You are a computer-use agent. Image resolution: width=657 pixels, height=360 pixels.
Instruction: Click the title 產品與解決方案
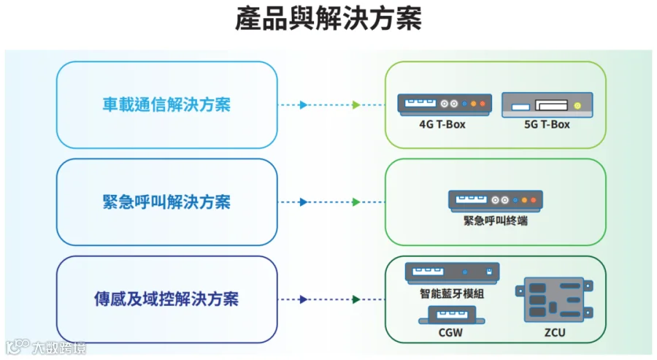[x=328, y=19]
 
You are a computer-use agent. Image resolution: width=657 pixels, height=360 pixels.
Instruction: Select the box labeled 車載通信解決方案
[x=166, y=104]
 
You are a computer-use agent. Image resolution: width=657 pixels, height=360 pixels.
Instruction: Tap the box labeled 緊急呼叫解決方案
[x=166, y=202]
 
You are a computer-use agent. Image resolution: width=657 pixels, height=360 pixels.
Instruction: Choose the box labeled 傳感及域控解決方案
[x=166, y=299]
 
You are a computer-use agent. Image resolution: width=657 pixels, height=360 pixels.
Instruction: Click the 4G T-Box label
[x=442, y=124]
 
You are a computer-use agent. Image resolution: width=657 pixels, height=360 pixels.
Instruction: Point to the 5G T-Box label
[x=547, y=124]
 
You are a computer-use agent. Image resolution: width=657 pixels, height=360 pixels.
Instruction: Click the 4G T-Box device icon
[x=445, y=104]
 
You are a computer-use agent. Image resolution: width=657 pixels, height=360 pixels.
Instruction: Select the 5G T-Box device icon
[x=547, y=104]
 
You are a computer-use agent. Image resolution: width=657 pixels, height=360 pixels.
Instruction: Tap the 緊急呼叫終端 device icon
[x=496, y=201]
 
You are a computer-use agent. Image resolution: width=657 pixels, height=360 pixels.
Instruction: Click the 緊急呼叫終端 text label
[x=495, y=221]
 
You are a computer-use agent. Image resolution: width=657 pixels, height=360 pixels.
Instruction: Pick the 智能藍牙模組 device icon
[x=452, y=273]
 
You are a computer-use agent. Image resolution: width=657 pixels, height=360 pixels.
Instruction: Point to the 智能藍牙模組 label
[x=452, y=294]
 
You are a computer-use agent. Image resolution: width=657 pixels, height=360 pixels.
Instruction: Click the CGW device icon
[x=452, y=315]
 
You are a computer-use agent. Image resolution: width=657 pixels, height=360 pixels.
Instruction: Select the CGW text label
[x=450, y=333]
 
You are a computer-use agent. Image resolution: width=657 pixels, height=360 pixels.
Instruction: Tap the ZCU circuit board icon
[x=554, y=299]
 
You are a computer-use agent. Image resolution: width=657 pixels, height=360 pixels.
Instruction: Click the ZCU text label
[x=555, y=333]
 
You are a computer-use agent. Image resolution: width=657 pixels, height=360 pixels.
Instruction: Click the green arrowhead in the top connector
[x=356, y=104]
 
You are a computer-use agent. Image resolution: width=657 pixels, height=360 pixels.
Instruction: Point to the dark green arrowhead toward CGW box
[x=356, y=299]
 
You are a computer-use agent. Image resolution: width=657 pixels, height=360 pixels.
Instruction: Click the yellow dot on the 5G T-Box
[x=577, y=106]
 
